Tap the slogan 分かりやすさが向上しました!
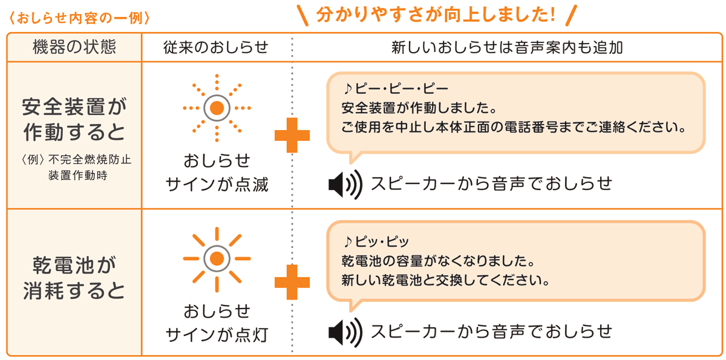(x=436, y=15)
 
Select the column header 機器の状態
(x=74, y=47)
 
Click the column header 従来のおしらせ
(x=216, y=47)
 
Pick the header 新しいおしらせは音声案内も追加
(x=507, y=47)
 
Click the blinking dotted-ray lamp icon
(x=217, y=108)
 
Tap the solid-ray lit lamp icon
(x=217, y=258)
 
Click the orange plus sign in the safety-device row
(x=292, y=135)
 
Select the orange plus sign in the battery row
(x=292, y=282)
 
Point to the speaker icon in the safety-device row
(x=345, y=185)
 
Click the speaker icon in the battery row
(x=345, y=332)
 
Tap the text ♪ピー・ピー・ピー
(x=396, y=88)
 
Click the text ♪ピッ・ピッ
(x=376, y=241)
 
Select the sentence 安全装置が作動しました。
(x=419, y=108)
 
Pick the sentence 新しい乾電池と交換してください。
(x=446, y=280)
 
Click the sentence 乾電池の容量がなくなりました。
(x=438, y=261)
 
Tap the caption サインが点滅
(x=217, y=185)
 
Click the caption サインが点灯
(x=217, y=335)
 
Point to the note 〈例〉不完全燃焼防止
(x=76, y=159)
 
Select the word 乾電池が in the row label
(x=74, y=265)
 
